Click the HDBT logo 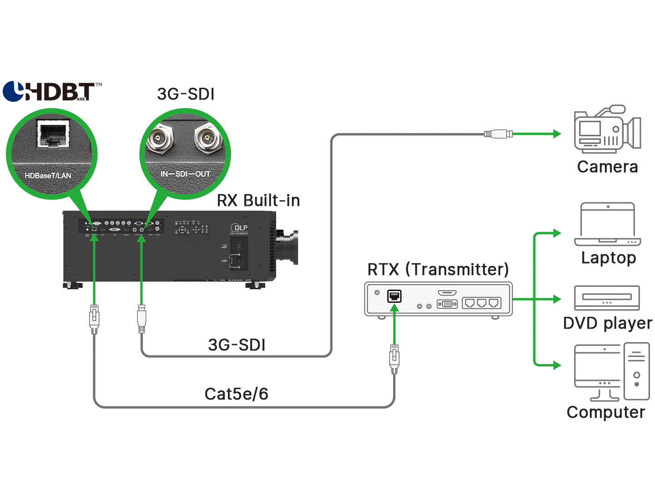click(x=52, y=91)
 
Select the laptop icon click(x=607, y=224)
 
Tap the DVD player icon click(x=607, y=298)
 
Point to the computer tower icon click(x=636, y=371)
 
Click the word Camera click(x=607, y=167)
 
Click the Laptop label click(x=608, y=258)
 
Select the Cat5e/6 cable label click(x=236, y=394)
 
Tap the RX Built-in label click(x=258, y=200)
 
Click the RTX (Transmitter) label click(x=438, y=269)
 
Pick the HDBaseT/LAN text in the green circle click(x=48, y=175)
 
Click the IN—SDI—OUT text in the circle click(x=185, y=174)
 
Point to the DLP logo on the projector click(x=239, y=228)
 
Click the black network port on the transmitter click(x=394, y=296)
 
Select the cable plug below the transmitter click(x=394, y=358)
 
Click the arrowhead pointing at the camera click(x=557, y=134)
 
